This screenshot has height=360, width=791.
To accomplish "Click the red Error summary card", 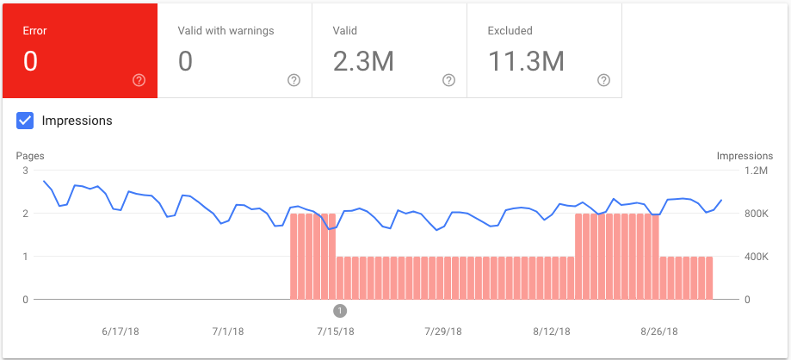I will [x=79, y=50].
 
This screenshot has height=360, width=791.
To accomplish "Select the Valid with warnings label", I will [x=226, y=31].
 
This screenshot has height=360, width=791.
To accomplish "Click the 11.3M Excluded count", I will [x=526, y=61].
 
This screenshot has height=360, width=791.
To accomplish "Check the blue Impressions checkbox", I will [x=26, y=121].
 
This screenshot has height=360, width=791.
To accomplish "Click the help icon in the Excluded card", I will [x=603, y=80].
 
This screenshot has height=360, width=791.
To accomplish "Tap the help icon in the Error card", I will [x=139, y=80].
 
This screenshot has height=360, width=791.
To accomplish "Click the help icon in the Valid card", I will [x=448, y=80].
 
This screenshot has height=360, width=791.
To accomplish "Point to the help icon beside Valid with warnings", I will [x=294, y=80].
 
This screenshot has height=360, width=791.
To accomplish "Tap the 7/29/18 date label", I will [x=442, y=331].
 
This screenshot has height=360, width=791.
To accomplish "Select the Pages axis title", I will [x=30, y=156].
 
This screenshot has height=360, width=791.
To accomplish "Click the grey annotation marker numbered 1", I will [x=339, y=310].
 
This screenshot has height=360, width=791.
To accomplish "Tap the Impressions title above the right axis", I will [x=745, y=156].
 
